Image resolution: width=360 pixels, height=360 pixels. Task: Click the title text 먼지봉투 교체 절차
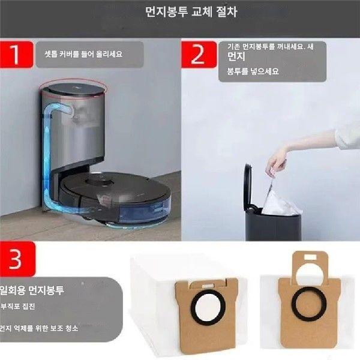tap(191, 12)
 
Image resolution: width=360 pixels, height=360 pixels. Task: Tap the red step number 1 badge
tap(17, 55)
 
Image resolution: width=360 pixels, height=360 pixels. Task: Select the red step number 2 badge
tap(199, 55)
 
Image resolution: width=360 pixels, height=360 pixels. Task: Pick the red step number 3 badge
tap(17, 259)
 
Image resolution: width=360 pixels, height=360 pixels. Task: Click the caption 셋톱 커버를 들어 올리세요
tap(83, 54)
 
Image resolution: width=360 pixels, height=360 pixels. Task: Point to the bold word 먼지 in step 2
tap(236, 56)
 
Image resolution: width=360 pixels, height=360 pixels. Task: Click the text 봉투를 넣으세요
tap(253, 71)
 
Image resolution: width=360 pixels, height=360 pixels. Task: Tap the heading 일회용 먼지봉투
tap(32, 290)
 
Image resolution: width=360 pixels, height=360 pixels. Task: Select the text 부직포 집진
tap(17, 306)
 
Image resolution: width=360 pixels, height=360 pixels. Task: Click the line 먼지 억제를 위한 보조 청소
tap(38, 328)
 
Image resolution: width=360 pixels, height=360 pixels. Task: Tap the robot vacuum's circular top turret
tap(100, 182)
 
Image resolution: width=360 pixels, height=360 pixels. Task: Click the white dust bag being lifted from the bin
tap(281, 200)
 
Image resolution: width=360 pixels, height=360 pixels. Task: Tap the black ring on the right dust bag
tap(308, 304)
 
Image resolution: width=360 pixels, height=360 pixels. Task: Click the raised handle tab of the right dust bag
tap(310, 264)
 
